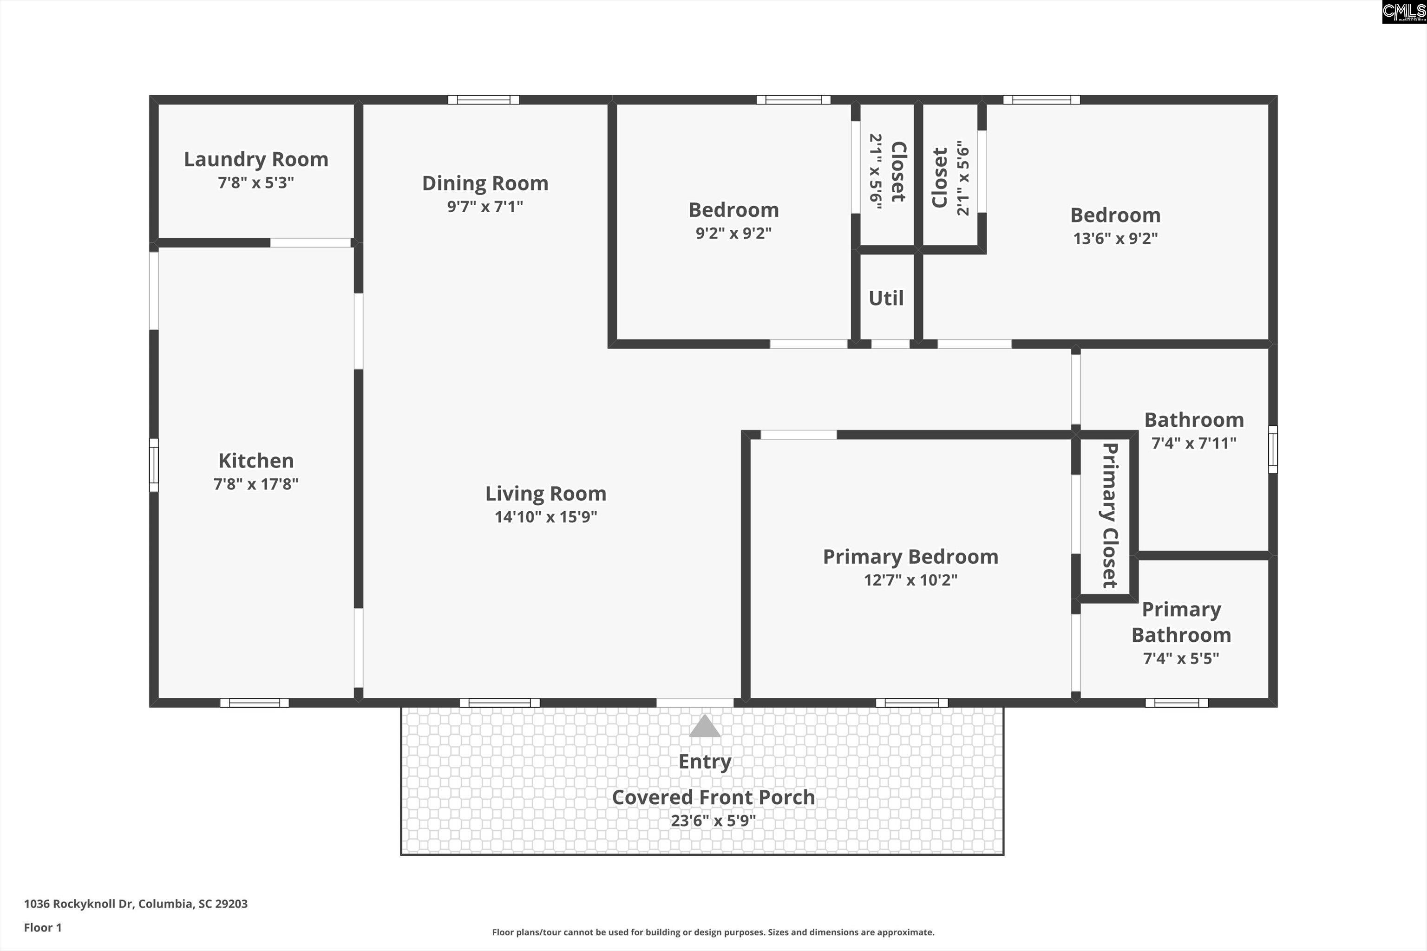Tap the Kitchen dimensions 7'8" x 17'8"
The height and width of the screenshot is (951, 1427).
tap(256, 484)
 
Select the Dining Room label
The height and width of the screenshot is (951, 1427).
tap(485, 183)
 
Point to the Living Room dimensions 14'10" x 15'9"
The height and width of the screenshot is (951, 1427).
tap(545, 517)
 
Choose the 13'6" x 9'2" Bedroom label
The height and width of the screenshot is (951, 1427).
tap(1115, 215)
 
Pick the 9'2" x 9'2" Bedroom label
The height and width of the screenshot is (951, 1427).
tap(733, 210)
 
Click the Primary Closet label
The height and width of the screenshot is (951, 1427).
tap(1110, 515)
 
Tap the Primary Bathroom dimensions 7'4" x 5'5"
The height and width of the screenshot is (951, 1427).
tap(1181, 658)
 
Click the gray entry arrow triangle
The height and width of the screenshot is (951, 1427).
tap(704, 727)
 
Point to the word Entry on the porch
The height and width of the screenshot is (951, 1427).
tap(704, 762)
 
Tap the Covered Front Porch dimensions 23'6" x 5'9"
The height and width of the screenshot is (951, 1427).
tap(713, 821)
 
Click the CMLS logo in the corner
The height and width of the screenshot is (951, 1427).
tap(1403, 12)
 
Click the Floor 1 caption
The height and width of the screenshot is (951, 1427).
tap(42, 927)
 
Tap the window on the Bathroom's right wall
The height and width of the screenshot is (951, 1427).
tap(1273, 449)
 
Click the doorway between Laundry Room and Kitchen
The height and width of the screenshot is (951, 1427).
tap(311, 242)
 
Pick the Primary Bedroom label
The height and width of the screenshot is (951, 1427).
tap(910, 557)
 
